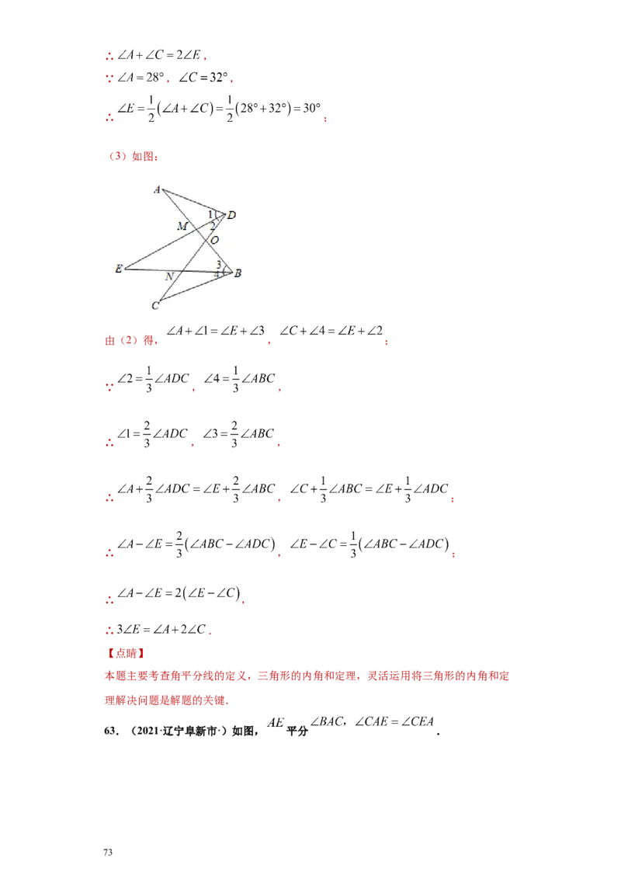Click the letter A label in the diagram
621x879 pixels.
pos(157,189)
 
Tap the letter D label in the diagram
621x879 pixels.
pos(231,215)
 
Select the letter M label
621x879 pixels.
pos(182,226)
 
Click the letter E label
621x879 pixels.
pos(119,269)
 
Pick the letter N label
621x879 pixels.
pos(168,276)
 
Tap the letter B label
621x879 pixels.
pos(238,273)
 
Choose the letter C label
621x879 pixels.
pos(155,306)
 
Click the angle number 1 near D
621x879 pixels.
pos(210,214)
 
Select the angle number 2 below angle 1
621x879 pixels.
pos(212,225)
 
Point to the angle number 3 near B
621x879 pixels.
pos(219,265)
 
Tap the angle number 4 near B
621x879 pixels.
pos(217,275)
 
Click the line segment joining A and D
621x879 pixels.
pos(194,200)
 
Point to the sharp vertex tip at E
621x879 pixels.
pos(125,269)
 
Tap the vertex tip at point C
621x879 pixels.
pos(161,301)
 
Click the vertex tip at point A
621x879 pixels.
pos(162,188)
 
